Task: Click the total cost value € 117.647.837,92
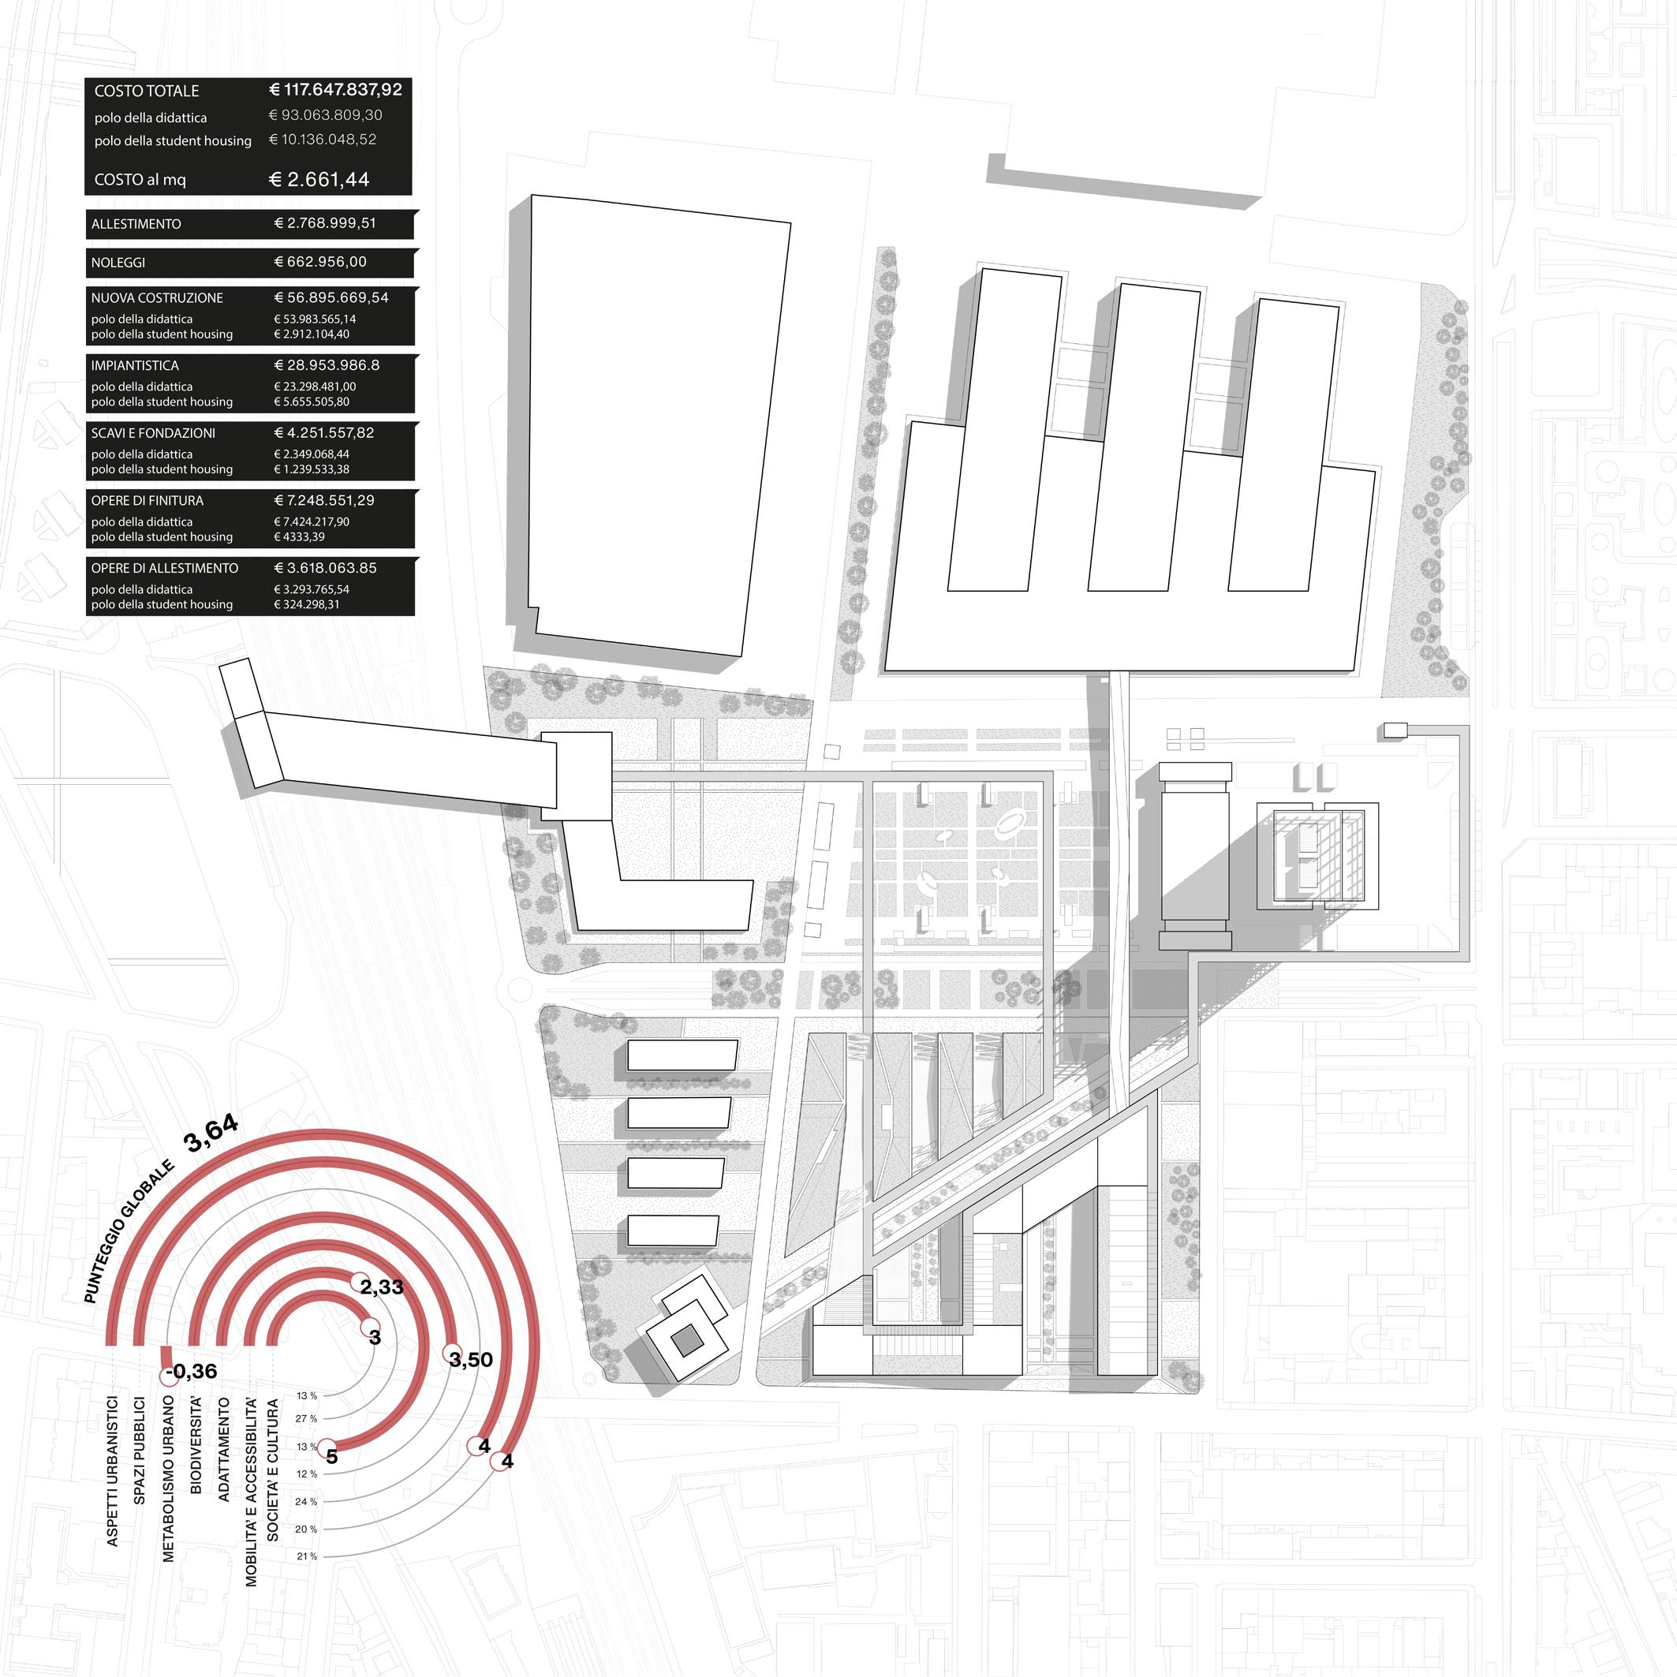pyautogui.click(x=335, y=89)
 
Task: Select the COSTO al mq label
pyautogui.click(x=140, y=180)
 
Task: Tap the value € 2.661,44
pyautogui.click(x=319, y=180)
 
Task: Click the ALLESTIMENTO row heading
pyautogui.click(x=136, y=224)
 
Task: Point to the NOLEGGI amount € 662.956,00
pyautogui.click(x=320, y=261)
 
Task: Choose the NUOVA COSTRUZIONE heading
pyautogui.click(x=157, y=297)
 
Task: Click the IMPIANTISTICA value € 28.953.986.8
pyautogui.click(x=327, y=365)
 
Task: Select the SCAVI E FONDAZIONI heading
pyautogui.click(x=153, y=433)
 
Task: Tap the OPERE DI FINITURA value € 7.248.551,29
pyautogui.click(x=325, y=501)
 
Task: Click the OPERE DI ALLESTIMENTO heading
pyautogui.click(x=164, y=569)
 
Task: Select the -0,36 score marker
pyautogui.click(x=191, y=1372)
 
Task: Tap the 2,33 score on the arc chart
pyautogui.click(x=381, y=1287)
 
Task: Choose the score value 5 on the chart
pyautogui.click(x=331, y=1455)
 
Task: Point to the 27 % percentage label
pyautogui.click(x=306, y=1418)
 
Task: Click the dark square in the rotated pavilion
pyautogui.click(x=688, y=1341)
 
